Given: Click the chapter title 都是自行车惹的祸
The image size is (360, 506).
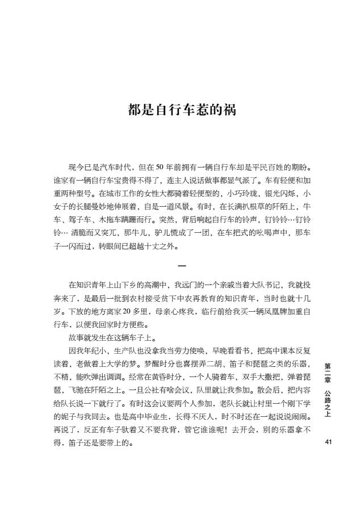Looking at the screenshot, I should pyautogui.click(x=181, y=110).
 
